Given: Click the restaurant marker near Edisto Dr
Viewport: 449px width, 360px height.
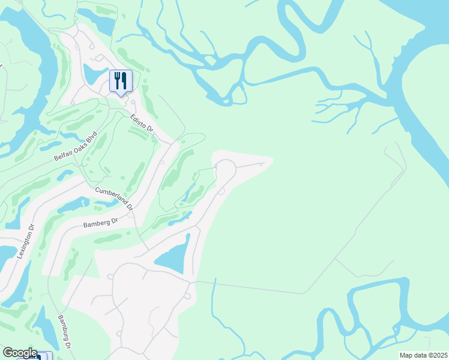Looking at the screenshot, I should [x=121, y=81].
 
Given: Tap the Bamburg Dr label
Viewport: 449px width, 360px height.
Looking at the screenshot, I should [x=64, y=333].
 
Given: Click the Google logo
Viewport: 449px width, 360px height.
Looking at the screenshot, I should [x=19, y=353].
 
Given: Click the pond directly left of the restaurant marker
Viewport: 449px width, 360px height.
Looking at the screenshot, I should [x=94, y=74].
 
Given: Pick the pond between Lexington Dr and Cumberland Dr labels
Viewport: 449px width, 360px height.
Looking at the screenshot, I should [x=74, y=204].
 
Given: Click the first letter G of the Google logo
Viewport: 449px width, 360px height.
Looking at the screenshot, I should [x=7, y=353].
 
